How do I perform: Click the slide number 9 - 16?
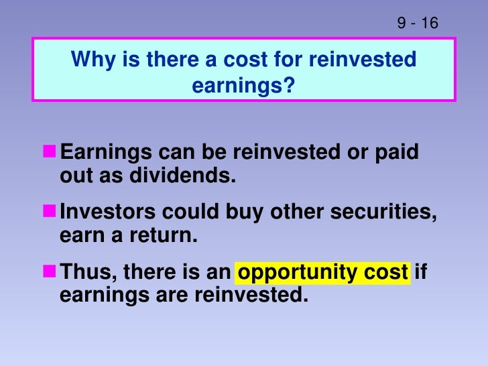point(417,23)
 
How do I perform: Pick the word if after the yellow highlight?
point(421,272)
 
